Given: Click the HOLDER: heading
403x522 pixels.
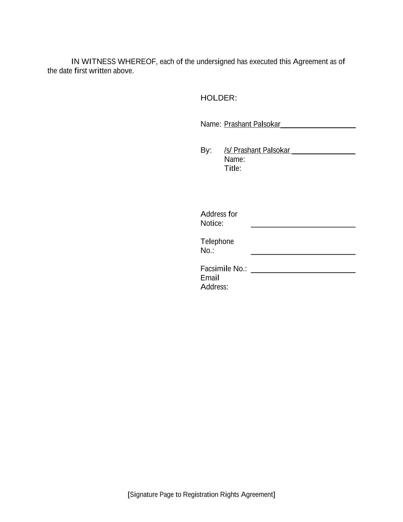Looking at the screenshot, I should click(218, 98).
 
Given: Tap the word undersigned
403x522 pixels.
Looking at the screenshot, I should click(215, 62).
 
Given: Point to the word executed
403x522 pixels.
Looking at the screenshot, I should click(263, 62).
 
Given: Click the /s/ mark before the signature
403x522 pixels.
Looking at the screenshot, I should click(228, 150).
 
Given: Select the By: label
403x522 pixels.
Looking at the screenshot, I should click(206, 150).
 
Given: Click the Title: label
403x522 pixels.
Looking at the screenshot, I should click(232, 169).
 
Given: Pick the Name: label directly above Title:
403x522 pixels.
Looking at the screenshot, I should click(234, 159).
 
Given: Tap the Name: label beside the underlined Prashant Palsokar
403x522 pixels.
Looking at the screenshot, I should click(210, 124).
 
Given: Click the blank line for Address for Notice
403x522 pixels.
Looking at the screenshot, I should click(303, 226).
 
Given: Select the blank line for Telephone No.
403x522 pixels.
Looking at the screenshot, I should click(303, 254).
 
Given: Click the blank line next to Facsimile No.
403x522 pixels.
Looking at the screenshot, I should click(303, 272).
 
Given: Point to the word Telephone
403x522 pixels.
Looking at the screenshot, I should click(217, 242).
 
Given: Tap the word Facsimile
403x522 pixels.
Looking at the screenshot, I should click(215, 269).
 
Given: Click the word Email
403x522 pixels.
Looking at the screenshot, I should click(210, 278).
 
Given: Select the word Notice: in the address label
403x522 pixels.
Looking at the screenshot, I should click(212, 223).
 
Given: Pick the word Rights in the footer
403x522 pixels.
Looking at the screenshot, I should click(230, 494).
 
